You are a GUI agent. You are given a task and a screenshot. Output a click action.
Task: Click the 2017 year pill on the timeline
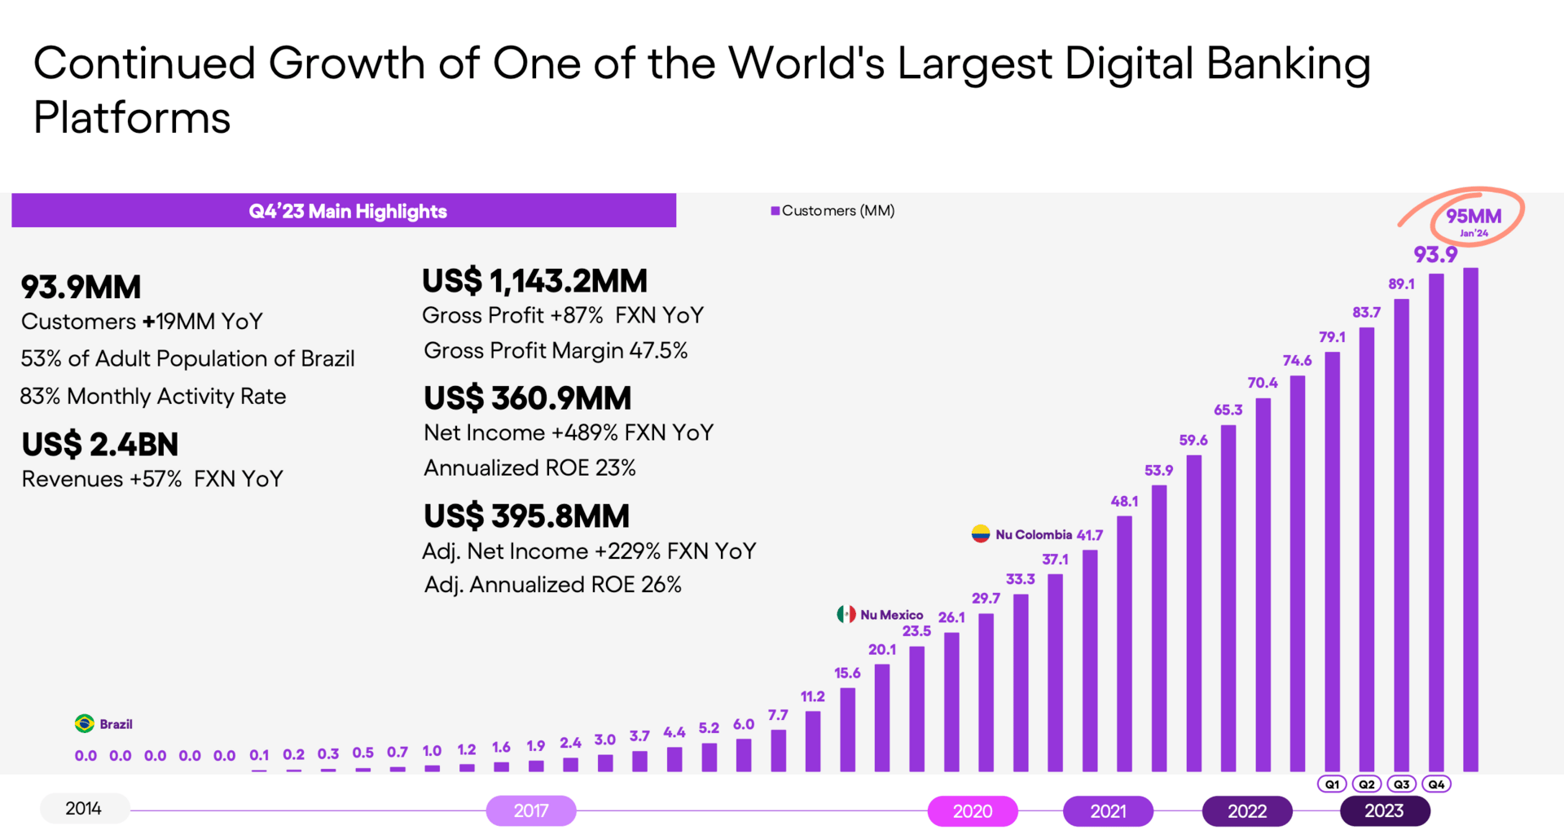point(530,810)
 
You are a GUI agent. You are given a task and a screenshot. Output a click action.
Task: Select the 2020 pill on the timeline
point(972,810)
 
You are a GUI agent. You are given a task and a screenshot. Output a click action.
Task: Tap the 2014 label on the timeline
point(84,808)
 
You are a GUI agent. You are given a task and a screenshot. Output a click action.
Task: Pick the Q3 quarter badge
point(1401,784)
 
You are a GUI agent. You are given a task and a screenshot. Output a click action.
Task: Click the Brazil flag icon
point(84,723)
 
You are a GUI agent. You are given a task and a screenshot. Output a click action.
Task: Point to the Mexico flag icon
point(846,614)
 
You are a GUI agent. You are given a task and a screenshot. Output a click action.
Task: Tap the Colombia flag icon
point(981,534)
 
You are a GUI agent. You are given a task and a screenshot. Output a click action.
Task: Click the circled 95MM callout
point(1473,218)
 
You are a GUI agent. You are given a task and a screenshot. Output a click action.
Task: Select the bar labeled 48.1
point(1124,643)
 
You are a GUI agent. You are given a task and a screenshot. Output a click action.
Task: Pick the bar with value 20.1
point(882,717)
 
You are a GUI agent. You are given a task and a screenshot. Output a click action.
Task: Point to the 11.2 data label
point(812,696)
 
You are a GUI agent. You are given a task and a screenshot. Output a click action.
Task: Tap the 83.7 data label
point(1366,312)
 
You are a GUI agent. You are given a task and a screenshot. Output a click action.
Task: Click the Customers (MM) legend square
point(775,211)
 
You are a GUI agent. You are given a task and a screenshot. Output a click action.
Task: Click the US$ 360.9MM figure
point(527,398)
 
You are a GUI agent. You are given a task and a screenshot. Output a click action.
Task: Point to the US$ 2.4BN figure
point(99,445)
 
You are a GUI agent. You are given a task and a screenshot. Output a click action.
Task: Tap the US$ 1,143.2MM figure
point(534,281)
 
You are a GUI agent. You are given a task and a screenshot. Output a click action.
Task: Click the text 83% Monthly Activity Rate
point(153,397)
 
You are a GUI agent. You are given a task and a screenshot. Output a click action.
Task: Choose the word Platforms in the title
point(132,118)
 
